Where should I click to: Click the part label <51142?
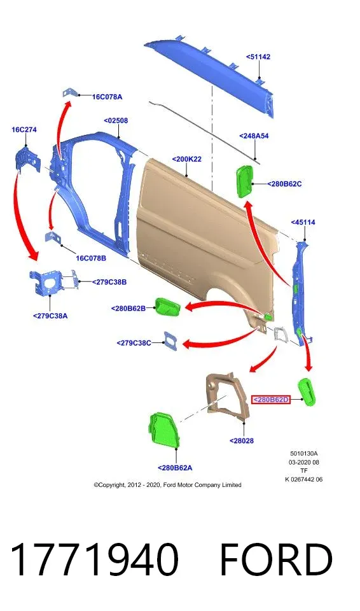pos(258,57)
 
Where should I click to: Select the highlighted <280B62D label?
pos(271,400)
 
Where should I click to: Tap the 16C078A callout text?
pos(107,97)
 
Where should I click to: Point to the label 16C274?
pos(24,130)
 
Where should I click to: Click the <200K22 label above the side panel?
pos(186,159)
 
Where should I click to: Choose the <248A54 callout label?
pos(254,136)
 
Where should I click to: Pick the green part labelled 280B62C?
pos(244,181)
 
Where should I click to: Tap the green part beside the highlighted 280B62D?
pos(307,392)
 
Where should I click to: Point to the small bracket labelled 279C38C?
pos(172,341)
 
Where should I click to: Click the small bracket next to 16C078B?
pos(52,237)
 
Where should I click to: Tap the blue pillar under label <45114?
pos(300,292)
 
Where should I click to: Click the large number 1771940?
pos(95,559)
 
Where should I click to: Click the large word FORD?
pos(276,559)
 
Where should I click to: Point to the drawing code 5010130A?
pos(304,454)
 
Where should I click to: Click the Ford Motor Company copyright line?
pos(167,485)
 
